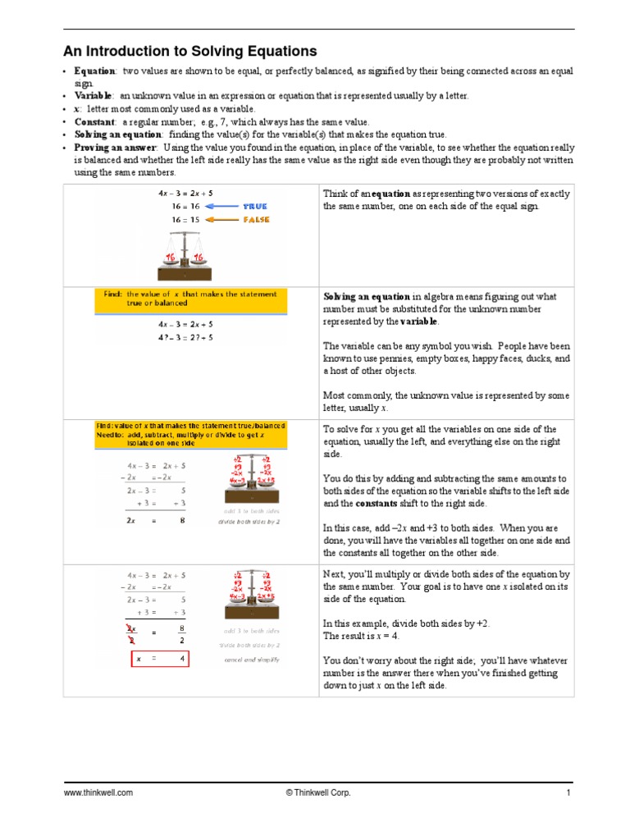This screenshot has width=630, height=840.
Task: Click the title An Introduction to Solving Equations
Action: pos(190,51)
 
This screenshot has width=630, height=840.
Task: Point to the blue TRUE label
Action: pos(254,207)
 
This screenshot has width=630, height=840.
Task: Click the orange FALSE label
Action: pos(255,220)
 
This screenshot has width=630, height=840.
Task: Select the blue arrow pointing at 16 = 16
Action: pos(220,207)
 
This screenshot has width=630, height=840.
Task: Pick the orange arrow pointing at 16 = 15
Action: pos(220,220)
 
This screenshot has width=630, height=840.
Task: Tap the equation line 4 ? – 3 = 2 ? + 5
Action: pos(185,336)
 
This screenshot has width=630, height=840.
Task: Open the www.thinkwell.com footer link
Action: pos(98,793)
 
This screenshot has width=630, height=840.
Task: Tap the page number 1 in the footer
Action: pos(568,793)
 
